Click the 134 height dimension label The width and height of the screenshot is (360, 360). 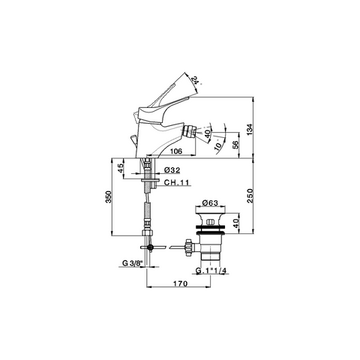click(250, 130)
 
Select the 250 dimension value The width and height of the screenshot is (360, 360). click(250, 196)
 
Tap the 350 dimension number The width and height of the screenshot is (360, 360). click(108, 196)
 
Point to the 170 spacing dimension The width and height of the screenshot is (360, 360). click(180, 283)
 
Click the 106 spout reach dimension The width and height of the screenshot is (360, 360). click(176, 151)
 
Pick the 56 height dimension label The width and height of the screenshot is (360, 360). click(235, 145)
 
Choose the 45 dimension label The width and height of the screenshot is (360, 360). click(121, 168)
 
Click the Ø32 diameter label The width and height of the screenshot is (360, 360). click(172, 170)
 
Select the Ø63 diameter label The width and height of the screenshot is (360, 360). click(210, 202)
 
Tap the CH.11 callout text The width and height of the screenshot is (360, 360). click(176, 182)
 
